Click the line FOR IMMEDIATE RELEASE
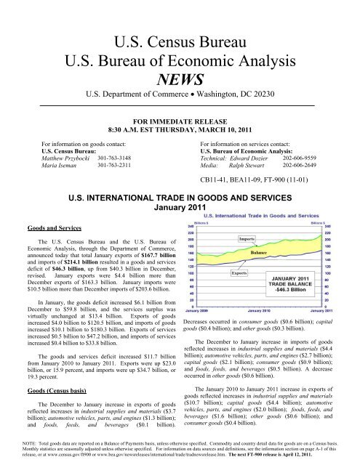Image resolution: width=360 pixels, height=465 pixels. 180,116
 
